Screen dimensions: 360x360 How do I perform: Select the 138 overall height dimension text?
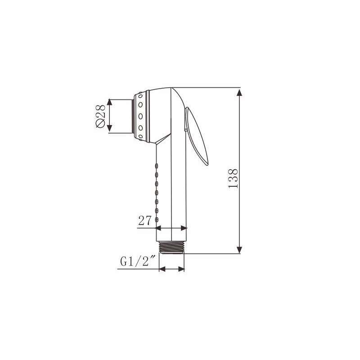pyautogui.click(x=233, y=178)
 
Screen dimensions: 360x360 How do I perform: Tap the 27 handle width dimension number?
pyautogui.click(x=145, y=220)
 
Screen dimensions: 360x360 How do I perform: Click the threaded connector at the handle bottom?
pyautogui.click(x=172, y=247)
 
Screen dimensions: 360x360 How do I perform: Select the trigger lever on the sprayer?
pyautogui.click(x=196, y=136)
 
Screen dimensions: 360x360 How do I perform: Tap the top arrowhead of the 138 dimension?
pyautogui.click(x=239, y=92)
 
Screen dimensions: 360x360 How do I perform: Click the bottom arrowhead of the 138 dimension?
pyautogui.click(x=239, y=250)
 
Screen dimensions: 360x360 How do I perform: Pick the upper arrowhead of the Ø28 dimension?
pyautogui.click(x=109, y=103)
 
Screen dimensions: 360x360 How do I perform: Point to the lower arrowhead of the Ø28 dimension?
pyautogui.click(x=109, y=129)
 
